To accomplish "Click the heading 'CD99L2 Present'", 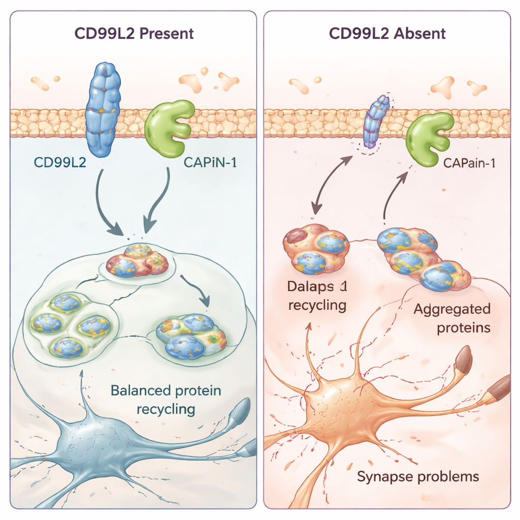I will pos(134,34).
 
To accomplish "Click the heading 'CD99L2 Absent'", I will pos(387,34).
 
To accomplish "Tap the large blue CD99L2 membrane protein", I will pos(103,109).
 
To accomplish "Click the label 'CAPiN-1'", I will pos(209,164).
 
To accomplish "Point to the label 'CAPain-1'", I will pos(469,164).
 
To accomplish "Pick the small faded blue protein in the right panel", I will pos(377,122).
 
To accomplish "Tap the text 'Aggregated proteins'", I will pos(452,318).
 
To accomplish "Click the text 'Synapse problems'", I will pos(417,477).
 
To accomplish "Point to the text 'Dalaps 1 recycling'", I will pos(317,296).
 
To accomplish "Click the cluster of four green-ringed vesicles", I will pos(70,325).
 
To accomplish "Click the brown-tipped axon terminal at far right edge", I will pos(500,387).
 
